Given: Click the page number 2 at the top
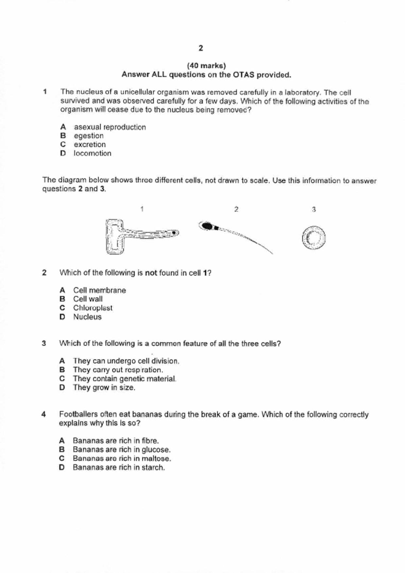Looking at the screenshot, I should (x=201, y=48).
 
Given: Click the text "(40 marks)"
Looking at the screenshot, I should (x=206, y=66).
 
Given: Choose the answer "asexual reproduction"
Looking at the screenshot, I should (x=110, y=127).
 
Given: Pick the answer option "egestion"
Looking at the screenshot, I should (x=89, y=136).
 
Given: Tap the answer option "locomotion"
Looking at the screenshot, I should (x=92, y=154).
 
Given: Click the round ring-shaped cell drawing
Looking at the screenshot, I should (x=314, y=238).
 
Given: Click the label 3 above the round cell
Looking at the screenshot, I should (x=314, y=209).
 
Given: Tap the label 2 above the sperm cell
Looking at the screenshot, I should (x=236, y=209).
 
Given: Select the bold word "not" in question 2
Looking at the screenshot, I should (x=151, y=273).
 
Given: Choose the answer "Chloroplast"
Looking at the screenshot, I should (x=93, y=308).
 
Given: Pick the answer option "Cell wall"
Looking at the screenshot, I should (x=88, y=299).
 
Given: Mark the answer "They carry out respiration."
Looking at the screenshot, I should (x=118, y=370).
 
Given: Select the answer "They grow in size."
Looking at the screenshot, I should (x=104, y=388).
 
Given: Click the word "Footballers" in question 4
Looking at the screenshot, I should (x=78, y=415).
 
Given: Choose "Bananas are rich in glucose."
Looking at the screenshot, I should (x=121, y=450).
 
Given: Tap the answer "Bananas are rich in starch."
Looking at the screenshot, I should (x=119, y=467).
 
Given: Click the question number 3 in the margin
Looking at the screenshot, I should (x=44, y=343).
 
